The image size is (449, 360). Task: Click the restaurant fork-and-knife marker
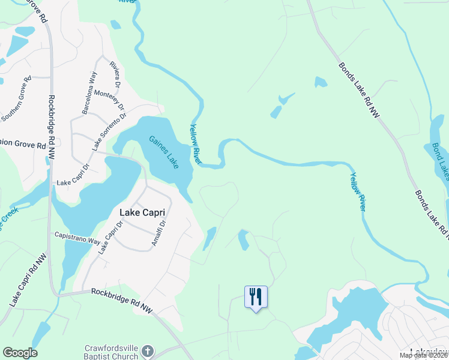[256, 296]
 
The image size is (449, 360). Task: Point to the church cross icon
[148, 350]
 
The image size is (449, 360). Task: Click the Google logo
[20, 353]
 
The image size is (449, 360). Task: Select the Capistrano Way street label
[77, 238]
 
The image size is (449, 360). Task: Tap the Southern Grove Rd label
[16, 98]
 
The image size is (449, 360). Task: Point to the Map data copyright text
[424, 355]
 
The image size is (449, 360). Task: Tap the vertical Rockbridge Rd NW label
[51, 127]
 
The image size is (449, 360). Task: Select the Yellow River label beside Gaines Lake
[196, 144]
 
